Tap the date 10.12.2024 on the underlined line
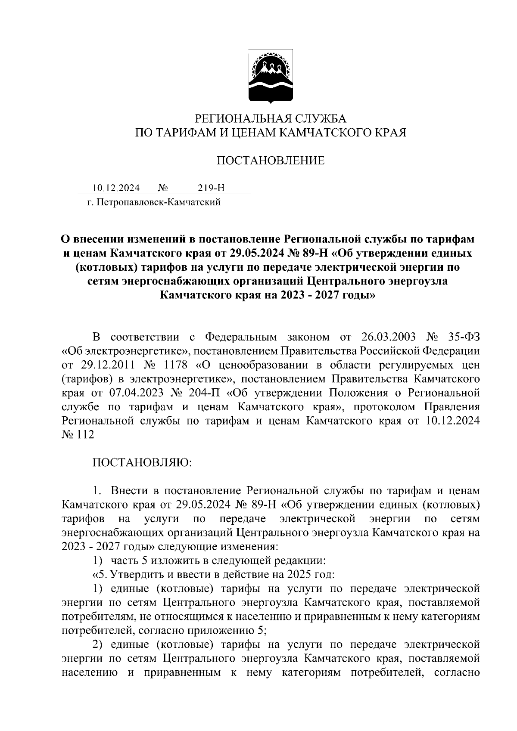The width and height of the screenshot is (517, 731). pyautogui.click(x=116, y=188)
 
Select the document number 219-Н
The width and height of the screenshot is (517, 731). pyautogui.click(x=211, y=188)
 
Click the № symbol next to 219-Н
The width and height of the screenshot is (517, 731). pyautogui.click(x=163, y=188)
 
